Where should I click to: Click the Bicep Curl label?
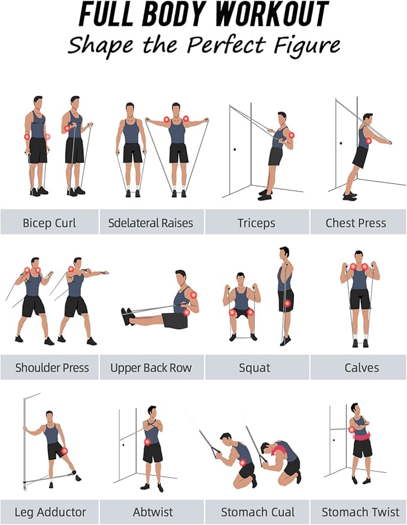[49, 222]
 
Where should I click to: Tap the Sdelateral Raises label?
[150, 222]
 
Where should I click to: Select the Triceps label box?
[256, 222]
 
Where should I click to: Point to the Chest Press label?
[355, 222]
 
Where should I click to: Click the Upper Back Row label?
[150, 367]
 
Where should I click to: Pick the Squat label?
[256, 367]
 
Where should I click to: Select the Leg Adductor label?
[49, 512]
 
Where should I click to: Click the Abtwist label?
[152, 512]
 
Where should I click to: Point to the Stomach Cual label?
[258, 512]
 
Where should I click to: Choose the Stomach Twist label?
[360, 512]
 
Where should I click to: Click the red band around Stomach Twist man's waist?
[361, 435]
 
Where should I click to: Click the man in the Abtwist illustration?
[152, 446]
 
